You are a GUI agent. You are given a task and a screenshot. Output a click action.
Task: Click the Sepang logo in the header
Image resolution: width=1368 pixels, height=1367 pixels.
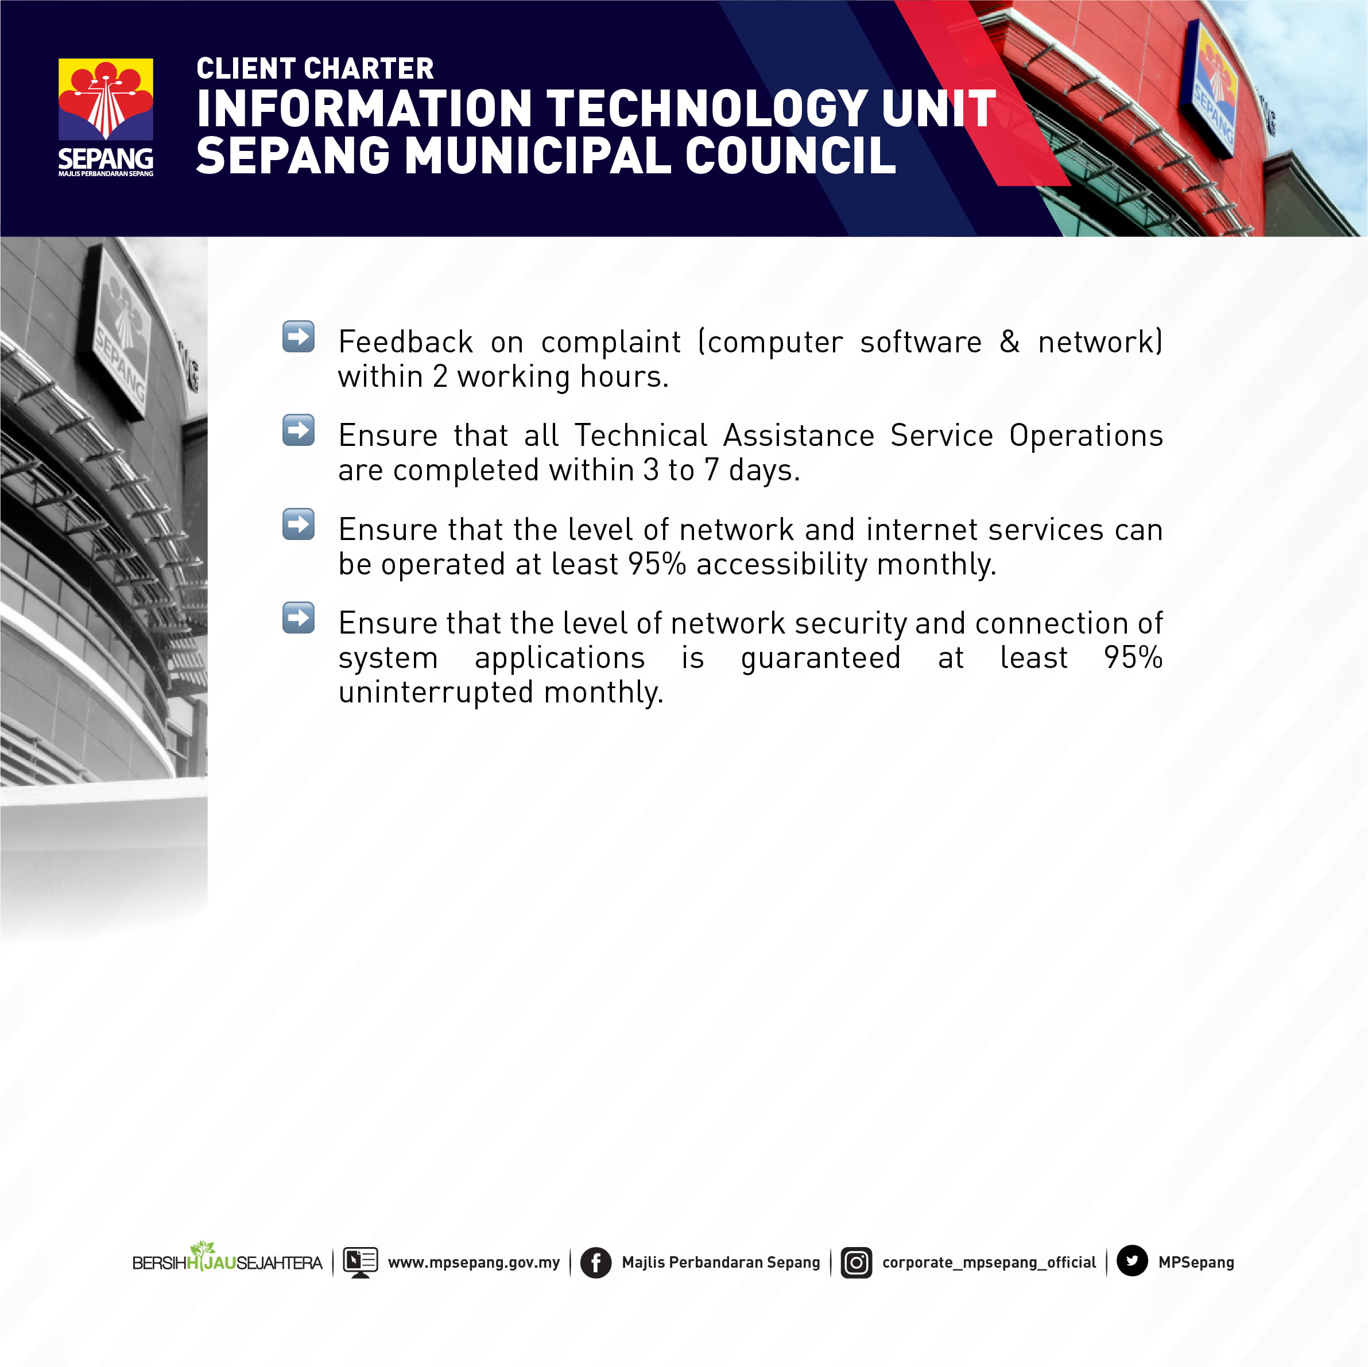tap(106, 118)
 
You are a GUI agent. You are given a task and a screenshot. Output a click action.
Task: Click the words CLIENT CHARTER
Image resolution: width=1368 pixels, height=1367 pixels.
tap(315, 69)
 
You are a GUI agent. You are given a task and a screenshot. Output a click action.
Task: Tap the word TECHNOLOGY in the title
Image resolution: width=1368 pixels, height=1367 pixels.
tap(707, 109)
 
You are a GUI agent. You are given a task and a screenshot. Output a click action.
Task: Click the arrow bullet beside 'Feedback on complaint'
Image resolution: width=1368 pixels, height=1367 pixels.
tap(298, 336)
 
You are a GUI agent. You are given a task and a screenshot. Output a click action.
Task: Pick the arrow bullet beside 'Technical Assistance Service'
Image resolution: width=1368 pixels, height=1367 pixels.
tap(298, 430)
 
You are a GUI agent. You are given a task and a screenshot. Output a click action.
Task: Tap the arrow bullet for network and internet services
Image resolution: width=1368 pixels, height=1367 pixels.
tap(298, 524)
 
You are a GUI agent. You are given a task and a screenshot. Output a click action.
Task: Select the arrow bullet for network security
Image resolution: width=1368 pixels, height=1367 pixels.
tap(298, 618)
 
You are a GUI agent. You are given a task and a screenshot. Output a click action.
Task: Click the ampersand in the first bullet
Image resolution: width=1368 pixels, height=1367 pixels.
tap(1010, 341)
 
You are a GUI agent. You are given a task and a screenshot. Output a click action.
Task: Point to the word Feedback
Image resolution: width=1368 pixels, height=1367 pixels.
tap(406, 341)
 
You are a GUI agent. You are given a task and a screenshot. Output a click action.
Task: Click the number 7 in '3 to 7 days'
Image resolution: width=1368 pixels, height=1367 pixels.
tap(711, 470)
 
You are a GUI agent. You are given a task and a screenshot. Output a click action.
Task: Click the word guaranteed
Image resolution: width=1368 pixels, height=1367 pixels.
tap(821, 658)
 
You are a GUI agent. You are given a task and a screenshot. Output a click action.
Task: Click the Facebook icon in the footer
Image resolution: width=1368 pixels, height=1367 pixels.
tap(595, 1262)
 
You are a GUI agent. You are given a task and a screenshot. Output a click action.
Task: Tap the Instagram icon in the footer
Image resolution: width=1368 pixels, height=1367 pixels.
tap(856, 1262)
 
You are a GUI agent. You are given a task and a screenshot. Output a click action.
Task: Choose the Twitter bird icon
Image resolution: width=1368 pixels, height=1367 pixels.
tap(1132, 1261)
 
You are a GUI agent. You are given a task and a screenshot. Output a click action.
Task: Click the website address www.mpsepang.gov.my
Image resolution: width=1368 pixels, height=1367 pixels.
tap(474, 1262)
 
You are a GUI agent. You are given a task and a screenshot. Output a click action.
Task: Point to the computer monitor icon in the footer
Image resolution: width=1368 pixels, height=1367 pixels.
tap(361, 1262)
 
